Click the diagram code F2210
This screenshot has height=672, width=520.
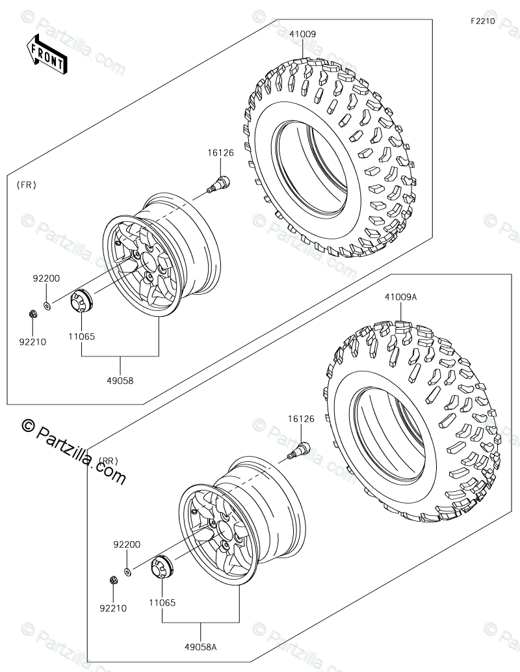tap(483, 21)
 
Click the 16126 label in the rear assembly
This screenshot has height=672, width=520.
tap(301, 419)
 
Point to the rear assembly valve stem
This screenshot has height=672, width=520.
tap(300, 449)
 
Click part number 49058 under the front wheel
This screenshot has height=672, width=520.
tap(121, 381)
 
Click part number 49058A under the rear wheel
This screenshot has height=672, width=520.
tap(201, 645)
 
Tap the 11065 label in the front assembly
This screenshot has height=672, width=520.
tap(81, 337)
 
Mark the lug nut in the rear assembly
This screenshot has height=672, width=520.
tap(112, 580)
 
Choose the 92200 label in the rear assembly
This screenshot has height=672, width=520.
tap(127, 544)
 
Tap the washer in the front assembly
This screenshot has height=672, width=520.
tap(47, 304)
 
